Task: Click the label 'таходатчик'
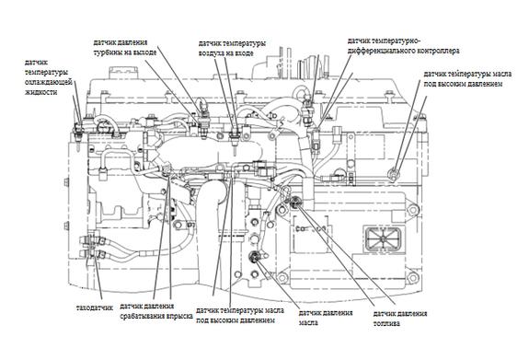pyautogui.click(x=95, y=308)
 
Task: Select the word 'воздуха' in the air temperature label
pyautogui.click(x=211, y=53)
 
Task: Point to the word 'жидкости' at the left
pyautogui.click(x=40, y=92)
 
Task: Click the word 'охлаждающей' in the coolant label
pyautogui.click(x=49, y=82)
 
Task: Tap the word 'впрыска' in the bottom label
pyautogui.click(x=179, y=317)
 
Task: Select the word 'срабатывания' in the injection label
pyautogui.click(x=143, y=317)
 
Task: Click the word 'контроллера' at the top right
pyautogui.click(x=439, y=51)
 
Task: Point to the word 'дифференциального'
pyautogui.click(x=382, y=51)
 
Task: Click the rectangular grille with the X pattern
pyautogui.click(x=384, y=239)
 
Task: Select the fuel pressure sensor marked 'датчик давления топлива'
pyautogui.click(x=296, y=202)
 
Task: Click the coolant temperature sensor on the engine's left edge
pyautogui.click(x=78, y=134)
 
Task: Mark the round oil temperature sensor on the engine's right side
pyautogui.click(x=394, y=174)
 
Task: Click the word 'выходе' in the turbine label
pyautogui.click(x=145, y=52)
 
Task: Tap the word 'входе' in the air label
pyautogui.click(x=243, y=53)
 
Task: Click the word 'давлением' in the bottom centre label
pyautogui.click(x=258, y=320)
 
